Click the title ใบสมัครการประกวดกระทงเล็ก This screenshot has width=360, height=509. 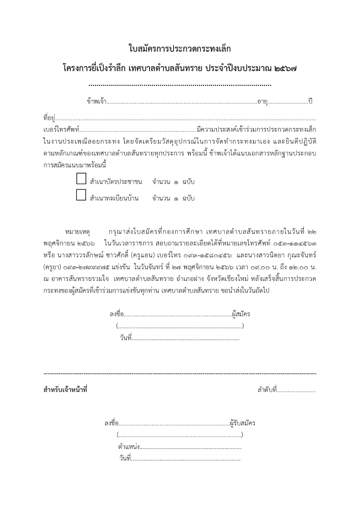pos(180,49)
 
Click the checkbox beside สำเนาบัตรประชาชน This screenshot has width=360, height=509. pos(81,179)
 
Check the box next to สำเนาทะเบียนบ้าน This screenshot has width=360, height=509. pos(81,195)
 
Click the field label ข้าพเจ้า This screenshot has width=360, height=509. pos(96,101)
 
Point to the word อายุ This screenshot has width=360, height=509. pos(262,101)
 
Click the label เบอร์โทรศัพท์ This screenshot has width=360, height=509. pos(61,130)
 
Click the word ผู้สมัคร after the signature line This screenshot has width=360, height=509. pos(241,314)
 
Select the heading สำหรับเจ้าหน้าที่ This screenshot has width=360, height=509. pos(65,390)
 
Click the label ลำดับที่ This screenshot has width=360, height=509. pos(267,390)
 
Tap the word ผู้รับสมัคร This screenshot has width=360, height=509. pos(243,423)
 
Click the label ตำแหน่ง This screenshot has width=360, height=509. pos(129,447)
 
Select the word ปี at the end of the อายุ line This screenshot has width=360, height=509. pos(310,101)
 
